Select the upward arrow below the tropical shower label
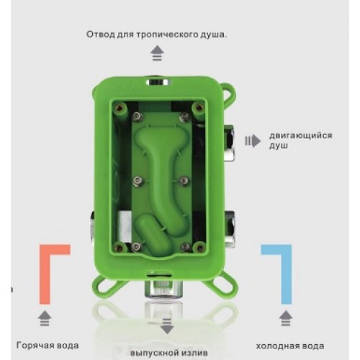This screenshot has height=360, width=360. pos(157,53)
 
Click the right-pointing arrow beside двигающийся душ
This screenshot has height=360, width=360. pos(253,141)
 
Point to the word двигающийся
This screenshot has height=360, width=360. pos(300,136)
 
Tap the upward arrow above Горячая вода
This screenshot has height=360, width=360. pos(45,318)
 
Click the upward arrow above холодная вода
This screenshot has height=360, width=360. pos(286,318)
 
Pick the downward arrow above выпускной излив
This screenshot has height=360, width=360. pos(167,326)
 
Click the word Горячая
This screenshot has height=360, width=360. pos(32,346)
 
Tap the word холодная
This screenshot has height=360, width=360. pos(276,346)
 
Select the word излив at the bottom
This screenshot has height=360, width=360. pos(194,353)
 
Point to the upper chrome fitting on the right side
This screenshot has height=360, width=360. pos(229,143)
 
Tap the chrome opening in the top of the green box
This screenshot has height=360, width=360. pos(158,82)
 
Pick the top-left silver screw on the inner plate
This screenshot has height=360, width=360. pos(138,117)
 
